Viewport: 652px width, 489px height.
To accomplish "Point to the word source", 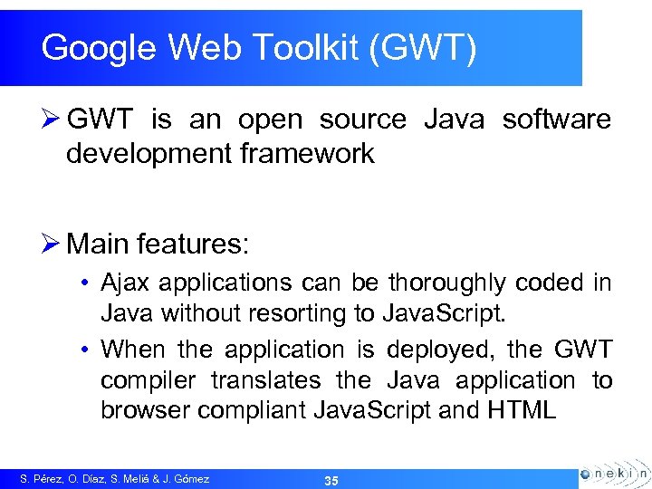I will (x=363, y=119).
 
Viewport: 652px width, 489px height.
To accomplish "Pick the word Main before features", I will (x=99, y=244).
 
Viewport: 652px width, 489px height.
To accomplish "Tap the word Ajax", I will (x=126, y=283).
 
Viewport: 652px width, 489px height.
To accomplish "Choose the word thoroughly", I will (x=448, y=283).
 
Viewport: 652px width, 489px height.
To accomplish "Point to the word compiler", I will (x=151, y=381).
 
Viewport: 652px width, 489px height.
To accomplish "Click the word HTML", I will (x=521, y=410).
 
